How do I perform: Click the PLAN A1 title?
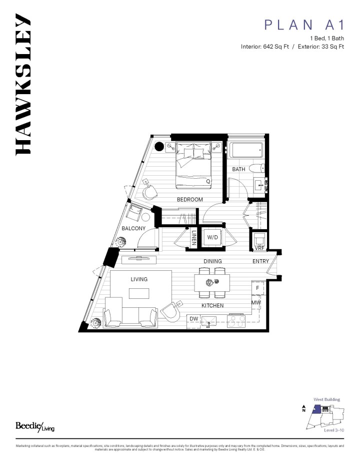click(x=304, y=25)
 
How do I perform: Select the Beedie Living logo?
click(x=34, y=426)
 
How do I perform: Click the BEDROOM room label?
click(x=190, y=199)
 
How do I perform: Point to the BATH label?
click(x=238, y=169)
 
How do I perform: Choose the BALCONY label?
click(x=133, y=228)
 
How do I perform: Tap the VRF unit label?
click(x=259, y=248)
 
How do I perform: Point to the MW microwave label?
click(x=256, y=302)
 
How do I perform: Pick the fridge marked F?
click(x=257, y=288)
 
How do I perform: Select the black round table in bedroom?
click(x=159, y=147)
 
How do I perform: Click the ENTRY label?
click(x=260, y=261)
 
